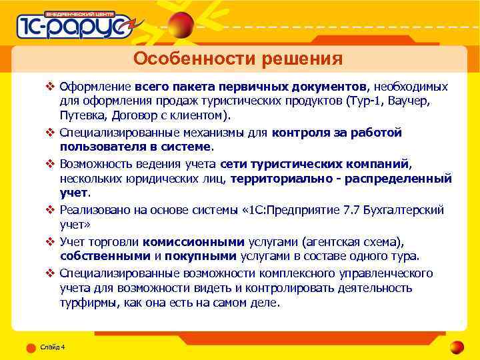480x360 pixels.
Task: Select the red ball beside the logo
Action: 180,27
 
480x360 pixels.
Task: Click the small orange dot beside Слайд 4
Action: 31,347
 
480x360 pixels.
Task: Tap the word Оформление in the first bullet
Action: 95,87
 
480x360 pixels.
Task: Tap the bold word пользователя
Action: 103,146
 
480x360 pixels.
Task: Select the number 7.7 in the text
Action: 350,210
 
